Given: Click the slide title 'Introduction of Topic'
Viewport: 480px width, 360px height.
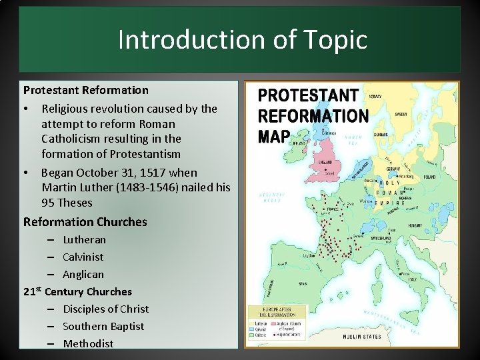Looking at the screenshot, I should (x=242, y=40).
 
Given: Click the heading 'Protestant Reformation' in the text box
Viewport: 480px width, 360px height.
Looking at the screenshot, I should (x=86, y=89).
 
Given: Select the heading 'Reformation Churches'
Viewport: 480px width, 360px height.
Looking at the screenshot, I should (x=85, y=221).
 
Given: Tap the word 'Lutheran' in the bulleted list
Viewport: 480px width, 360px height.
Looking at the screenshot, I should (x=84, y=239).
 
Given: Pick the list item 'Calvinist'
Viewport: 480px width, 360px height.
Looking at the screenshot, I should (x=83, y=257).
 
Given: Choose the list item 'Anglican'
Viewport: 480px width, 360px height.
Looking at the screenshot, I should (x=83, y=274).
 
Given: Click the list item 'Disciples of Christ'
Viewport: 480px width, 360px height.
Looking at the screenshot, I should (x=105, y=309).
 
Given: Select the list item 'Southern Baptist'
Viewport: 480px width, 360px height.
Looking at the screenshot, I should (x=103, y=326).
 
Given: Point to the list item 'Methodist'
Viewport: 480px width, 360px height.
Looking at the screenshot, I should (x=88, y=343).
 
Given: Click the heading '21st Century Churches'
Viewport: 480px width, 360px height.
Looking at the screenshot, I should (x=77, y=291).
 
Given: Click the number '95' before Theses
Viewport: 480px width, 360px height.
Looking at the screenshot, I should (x=48, y=203).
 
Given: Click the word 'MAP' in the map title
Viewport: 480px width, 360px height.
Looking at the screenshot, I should (x=274, y=137).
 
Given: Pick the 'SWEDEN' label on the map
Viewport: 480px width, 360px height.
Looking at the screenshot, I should (x=402, y=115).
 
